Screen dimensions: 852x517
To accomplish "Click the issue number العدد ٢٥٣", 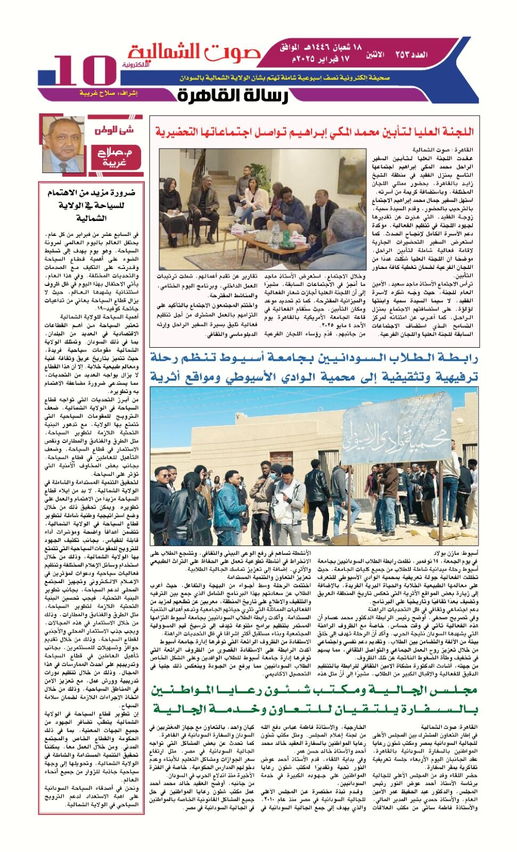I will click(x=411, y=54).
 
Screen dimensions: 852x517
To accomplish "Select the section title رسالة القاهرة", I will click(x=233, y=95).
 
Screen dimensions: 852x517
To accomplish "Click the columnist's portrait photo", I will click(x=63, y=144).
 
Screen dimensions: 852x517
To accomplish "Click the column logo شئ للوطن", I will click(x=114, y=130).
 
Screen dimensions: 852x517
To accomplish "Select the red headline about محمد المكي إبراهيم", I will click(x=314, y=132).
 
